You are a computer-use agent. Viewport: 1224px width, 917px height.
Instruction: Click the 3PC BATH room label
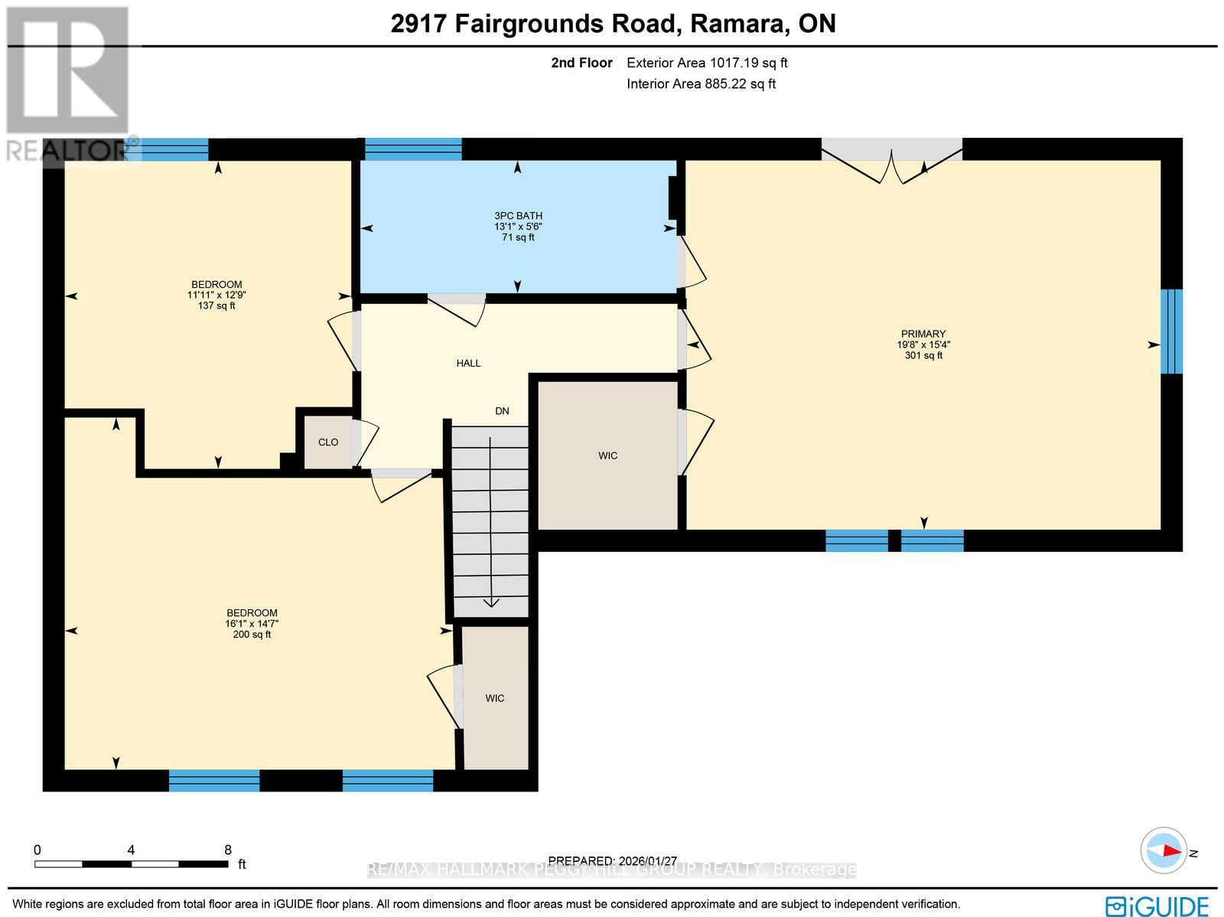tap(518, 216)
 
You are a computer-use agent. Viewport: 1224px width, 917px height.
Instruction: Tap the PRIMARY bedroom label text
tap(923, 334)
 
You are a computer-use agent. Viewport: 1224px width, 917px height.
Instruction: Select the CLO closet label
tap(328, 442)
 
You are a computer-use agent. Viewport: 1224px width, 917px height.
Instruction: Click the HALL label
tap(468, 363)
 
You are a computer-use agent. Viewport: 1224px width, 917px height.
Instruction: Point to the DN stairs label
tap(502, 411)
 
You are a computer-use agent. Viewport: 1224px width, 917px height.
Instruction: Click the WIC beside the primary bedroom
tap(607, 455)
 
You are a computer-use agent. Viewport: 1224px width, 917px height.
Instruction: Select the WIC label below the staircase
tap(495, 698)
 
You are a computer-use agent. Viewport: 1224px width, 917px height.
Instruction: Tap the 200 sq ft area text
tap(252, 635)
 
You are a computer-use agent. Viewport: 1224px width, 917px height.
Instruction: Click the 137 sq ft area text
tap(216, 305)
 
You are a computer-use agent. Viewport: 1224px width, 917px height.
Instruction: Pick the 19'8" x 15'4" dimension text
tap(923, 344)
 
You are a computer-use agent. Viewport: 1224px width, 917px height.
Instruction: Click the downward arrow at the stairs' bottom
tap(490, 602)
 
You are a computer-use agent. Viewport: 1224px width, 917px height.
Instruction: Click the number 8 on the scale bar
tap(228, 850)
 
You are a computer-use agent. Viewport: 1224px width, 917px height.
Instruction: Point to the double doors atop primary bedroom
tap(892, 161)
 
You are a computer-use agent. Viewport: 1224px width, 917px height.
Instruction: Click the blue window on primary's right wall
tap(1171, 331)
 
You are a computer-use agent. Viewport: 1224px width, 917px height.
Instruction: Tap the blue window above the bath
tap(413, 148)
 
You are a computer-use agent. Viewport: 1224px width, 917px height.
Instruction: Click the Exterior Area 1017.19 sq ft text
tap(707, 63)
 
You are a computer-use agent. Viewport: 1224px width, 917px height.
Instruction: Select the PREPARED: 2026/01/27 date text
tap(613, 861)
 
